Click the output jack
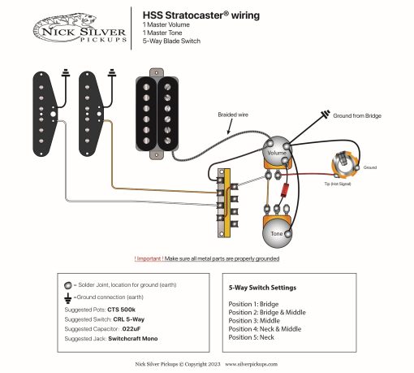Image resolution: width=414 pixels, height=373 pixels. pos(344,166)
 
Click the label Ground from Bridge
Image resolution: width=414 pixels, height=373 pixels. pos(358,115)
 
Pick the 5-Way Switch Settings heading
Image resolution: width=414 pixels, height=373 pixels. pos(263,288)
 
